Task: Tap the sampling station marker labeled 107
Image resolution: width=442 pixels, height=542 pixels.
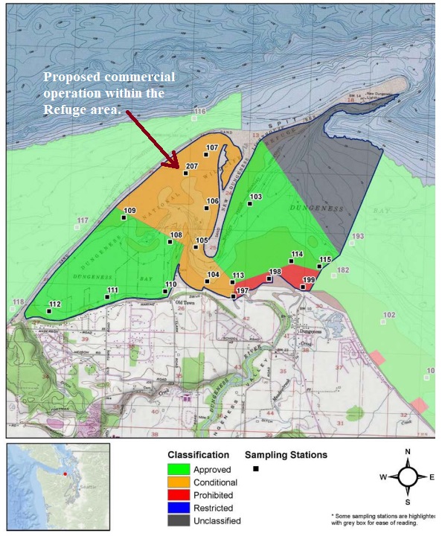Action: point(205,155)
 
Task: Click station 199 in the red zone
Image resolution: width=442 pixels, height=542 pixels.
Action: point(303,287)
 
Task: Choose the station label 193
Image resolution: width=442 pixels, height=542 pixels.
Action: point(359,236)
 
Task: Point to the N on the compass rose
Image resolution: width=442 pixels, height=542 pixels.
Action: point(407,452)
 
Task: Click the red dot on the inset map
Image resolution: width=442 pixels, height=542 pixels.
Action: point(65,474)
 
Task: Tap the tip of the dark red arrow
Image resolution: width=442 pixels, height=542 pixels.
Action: point(177,168)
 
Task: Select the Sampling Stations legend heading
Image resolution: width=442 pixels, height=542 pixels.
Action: point(286,454)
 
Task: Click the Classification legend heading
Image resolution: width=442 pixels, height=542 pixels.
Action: point(198,454)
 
